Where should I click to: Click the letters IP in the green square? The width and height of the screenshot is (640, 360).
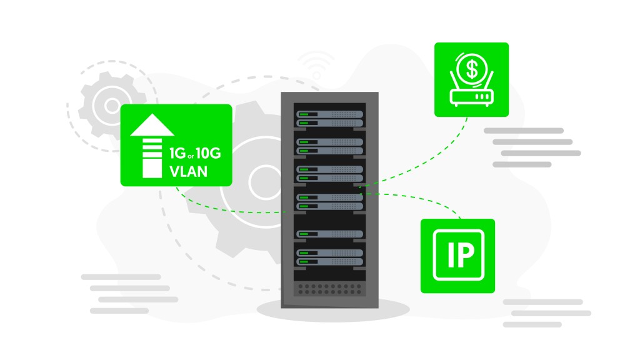point(457,256)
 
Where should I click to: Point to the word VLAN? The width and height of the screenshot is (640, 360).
point(189,171)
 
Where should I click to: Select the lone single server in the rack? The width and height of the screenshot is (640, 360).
point(330,234)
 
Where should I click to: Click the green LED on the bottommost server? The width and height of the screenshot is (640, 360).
point(304,261)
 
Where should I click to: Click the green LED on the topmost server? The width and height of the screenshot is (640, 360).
point(304,114)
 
